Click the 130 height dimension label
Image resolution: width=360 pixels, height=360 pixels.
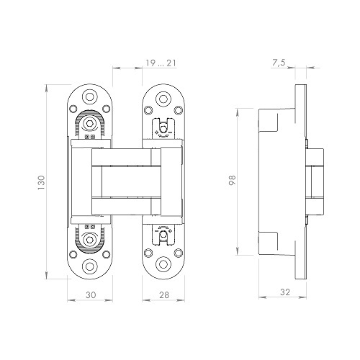[x=41, y=183]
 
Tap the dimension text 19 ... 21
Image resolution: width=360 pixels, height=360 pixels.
[x=161, y=63]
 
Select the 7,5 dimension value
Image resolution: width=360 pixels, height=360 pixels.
[x=279, y=63]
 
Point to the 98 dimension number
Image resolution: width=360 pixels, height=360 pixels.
[x=233, y=180]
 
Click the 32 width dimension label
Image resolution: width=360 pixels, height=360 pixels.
[x=285, y=292]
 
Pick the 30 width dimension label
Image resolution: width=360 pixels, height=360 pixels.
[x=91, y=294]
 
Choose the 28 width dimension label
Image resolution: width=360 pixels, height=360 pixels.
[x=164, y=294]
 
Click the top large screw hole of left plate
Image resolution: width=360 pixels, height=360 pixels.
[x=90, y=97]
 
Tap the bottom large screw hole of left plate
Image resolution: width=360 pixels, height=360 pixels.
[x=90, y=266]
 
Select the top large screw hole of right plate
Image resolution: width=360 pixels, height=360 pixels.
[x=163, y=99]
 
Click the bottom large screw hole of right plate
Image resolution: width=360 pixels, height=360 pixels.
[x=163, y=264]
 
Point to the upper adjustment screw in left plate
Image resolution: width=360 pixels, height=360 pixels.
[x=90, y=123]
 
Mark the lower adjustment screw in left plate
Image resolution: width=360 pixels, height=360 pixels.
[x=90, y=240]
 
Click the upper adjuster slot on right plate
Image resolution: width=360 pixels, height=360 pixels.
[x=163, y=128]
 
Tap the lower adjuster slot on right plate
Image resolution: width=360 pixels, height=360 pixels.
[x=163, y=235]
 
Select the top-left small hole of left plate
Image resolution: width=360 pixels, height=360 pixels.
[x=73, y=109]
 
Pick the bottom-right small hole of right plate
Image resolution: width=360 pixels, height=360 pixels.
[x=179, y=253]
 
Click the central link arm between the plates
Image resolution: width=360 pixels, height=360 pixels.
[x=127, y=181]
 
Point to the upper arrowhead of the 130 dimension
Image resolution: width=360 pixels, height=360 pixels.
[x=46, y=89]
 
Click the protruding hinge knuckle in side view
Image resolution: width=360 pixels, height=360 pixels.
[x=315, y=181]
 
